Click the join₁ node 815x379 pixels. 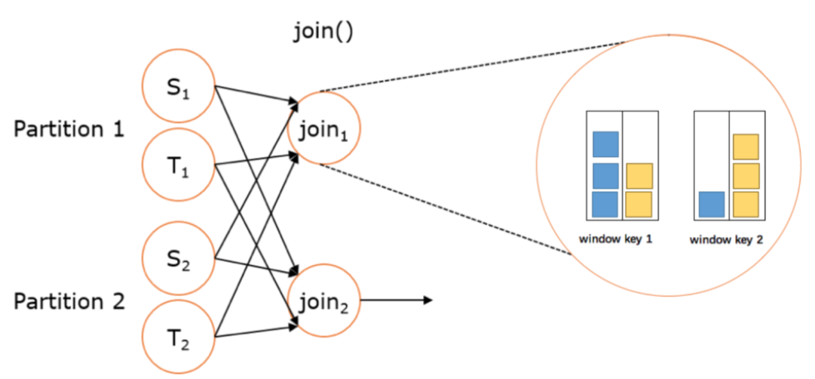(324, 128)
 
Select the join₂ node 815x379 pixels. (324, 299)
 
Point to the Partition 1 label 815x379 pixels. (69, 129)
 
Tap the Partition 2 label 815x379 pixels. (69, 301)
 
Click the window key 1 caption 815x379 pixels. (615, 239)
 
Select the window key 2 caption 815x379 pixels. (726, 240)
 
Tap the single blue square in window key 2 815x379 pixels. (712, 204)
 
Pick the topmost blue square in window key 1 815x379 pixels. (605, 144)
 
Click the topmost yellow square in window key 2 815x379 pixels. (746, 146)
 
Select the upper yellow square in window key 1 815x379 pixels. (639, 176)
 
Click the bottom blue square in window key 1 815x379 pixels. (605, 204)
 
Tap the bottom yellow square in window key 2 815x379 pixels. (746, 204)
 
